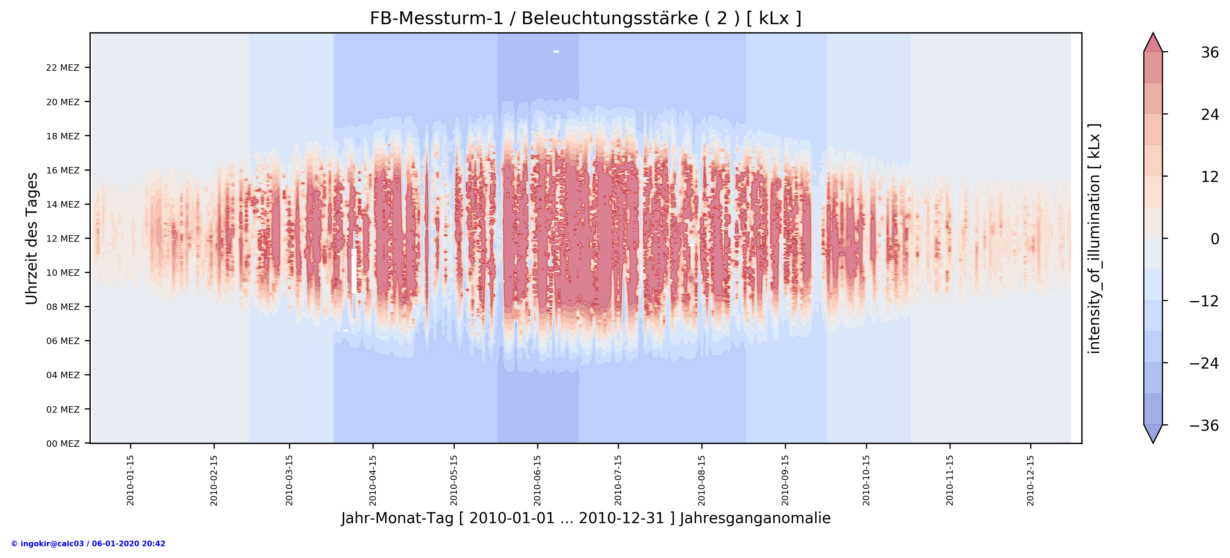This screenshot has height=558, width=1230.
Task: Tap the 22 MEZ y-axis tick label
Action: click(63, 68)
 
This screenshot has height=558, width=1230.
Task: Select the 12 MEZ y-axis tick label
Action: click(63, 239)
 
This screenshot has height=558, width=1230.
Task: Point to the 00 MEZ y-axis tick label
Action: click(63, 444)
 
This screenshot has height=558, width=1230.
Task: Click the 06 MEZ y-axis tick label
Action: click(63, 341)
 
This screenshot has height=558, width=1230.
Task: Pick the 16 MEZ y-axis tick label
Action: click(63, 170)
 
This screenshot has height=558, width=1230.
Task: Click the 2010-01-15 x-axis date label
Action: click(130, 480)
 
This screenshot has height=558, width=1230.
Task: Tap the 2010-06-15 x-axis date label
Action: click(538, 480)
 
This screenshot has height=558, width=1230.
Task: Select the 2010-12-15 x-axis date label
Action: click(1031, 480)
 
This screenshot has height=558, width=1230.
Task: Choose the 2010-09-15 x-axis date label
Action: click(785, 480)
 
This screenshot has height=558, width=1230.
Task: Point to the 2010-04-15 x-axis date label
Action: click(373, 480)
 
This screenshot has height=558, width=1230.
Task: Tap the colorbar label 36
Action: click(1209, 53)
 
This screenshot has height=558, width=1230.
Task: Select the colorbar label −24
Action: click(1203, 363)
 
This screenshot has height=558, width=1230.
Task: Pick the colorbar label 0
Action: click(1214, 239)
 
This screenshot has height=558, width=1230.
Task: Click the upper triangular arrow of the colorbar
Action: click(1153, 43)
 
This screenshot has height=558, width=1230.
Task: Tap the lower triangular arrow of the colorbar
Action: click(1153, 433)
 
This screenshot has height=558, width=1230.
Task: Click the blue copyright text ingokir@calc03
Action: click(88, 544)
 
